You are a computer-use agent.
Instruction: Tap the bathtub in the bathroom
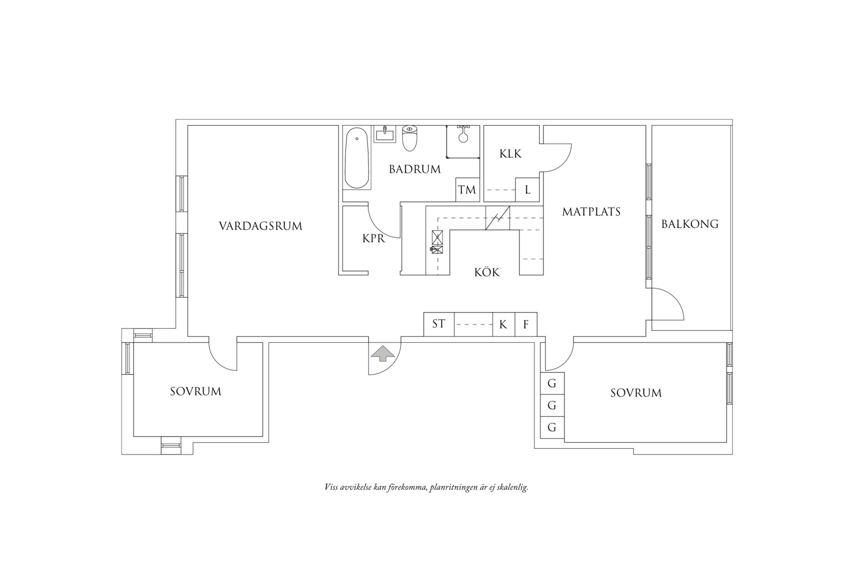[x=357, y=158]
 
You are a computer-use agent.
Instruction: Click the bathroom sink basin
[x=385, y=134]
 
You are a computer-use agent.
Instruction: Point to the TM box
[x=467, y=190]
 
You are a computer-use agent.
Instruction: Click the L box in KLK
[x=528, y=190]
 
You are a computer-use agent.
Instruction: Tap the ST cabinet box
[x=438, y=324]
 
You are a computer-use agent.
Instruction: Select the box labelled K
[x=503, y=325]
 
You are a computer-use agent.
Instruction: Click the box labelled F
[x=526, y=325]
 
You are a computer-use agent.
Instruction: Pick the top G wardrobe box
[x=552, y=383]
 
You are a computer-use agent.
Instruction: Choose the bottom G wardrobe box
[x=552, y=427]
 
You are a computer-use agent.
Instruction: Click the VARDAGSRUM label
[x=261, y=226]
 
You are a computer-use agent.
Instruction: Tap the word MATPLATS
[x=591, y=211]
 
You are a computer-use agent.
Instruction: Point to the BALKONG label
[x=690, y=224]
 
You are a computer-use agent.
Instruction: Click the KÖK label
[x=487, y=272]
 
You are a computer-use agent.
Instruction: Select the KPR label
[x=374, y=238]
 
